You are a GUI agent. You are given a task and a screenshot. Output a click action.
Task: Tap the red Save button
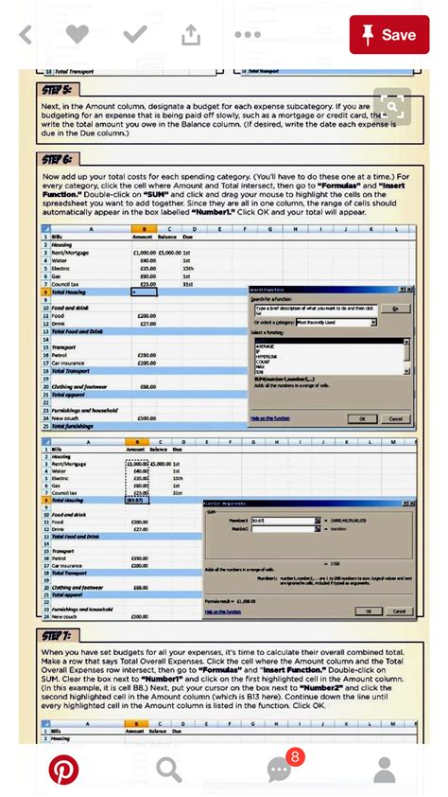pyautogui.click(x=389, y=35)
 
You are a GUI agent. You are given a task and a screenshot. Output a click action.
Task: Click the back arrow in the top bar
pyautogui.click(x=26, y=35)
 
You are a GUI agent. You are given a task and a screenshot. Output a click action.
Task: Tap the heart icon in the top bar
pyautogui.click(x=78, y=35)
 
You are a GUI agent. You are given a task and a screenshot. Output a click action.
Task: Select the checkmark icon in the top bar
pyautogui.click(x=135, y=35)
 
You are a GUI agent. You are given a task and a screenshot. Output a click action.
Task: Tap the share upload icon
pyautogui.click(x=191, y=35)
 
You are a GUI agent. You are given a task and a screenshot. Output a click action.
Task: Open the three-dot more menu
pyautogui.click(x=248, y=35)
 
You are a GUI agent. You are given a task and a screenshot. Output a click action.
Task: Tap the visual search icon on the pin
pyautogui.click(x=391, y=106)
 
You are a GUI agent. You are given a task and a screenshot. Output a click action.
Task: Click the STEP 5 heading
pyautogui.click(x=58, y=90)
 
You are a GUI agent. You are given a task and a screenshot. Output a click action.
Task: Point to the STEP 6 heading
pyautogui.click(x=58, y=160)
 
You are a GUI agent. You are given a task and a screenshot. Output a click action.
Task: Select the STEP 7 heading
pyautogui.click(x=58, y=634)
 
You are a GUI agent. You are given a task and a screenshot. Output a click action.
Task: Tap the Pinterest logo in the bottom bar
pyautogui.click(x=63, y=770)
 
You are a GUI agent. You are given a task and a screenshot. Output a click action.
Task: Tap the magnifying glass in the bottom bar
pyautogui.click(x=169, y=770)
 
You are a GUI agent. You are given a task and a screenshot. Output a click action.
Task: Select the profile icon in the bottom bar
pyautogui.click(x=384, y=770)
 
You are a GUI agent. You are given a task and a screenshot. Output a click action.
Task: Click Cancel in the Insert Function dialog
pyautogui.click(x=395, y=417)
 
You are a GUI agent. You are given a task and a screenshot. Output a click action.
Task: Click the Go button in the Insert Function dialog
pyautogui.click(x=394, y=309)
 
